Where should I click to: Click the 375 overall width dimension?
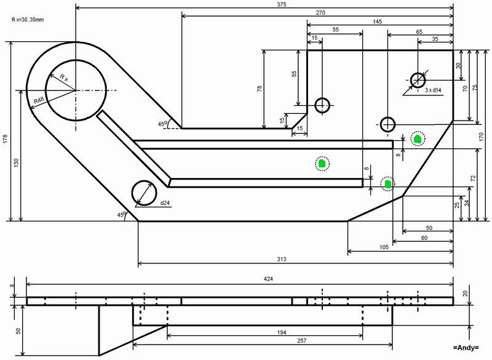click(x=282, y=4)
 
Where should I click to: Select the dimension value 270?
click(x=320, y=13)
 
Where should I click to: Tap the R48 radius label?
click(x=39, y=101)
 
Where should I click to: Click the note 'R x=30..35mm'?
click(x=28, y=20)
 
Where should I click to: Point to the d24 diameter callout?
click(x=165, y=203)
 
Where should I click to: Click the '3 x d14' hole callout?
click(x=433, y=90)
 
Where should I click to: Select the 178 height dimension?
click(x=5, y=139)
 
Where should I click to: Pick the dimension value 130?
click(x=17, y=162)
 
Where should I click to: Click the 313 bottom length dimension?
click(x=282, y=259)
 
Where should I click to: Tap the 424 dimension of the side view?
click(x=268, y=279)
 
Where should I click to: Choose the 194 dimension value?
click(x=282, y=332)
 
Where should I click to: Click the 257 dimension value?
click(x=301, y=340)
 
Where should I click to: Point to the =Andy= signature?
click(x=466, y=348)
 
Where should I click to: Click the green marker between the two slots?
click(x=322, y=164)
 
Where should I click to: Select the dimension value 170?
click(x=482, y=137)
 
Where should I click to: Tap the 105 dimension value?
click(x=384, y=247)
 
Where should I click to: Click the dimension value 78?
click(x=260, y=89)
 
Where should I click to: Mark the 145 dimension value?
click(x=378, y=22)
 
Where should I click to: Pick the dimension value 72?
click(x=474, y=178)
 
